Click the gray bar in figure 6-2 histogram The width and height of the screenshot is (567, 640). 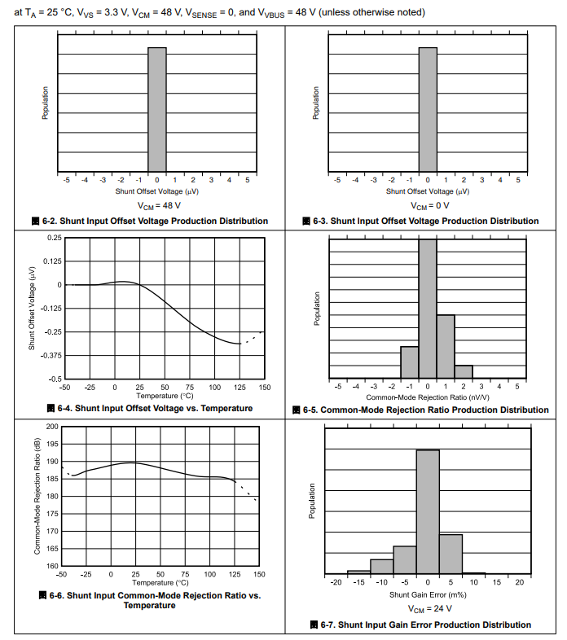[157, 109]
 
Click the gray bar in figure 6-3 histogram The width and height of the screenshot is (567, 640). [428, 109]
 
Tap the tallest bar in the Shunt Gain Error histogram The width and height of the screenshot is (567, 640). [428, 513]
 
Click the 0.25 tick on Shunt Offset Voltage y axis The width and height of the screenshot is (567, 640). [54, 238]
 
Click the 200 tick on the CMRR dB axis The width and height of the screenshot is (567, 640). [52, 427]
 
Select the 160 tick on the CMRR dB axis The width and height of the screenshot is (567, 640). [52, 566]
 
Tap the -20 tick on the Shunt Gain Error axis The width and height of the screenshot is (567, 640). [336, 583]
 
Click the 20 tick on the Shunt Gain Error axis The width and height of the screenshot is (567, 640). [519, 583]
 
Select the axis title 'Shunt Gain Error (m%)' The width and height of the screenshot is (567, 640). [428, 595]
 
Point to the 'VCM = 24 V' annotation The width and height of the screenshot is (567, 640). [428, 609]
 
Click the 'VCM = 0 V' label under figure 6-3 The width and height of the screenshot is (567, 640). [428, 206]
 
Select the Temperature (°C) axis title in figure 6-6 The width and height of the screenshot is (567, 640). [160, 582]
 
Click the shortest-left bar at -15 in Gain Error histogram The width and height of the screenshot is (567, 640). [358, 572]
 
